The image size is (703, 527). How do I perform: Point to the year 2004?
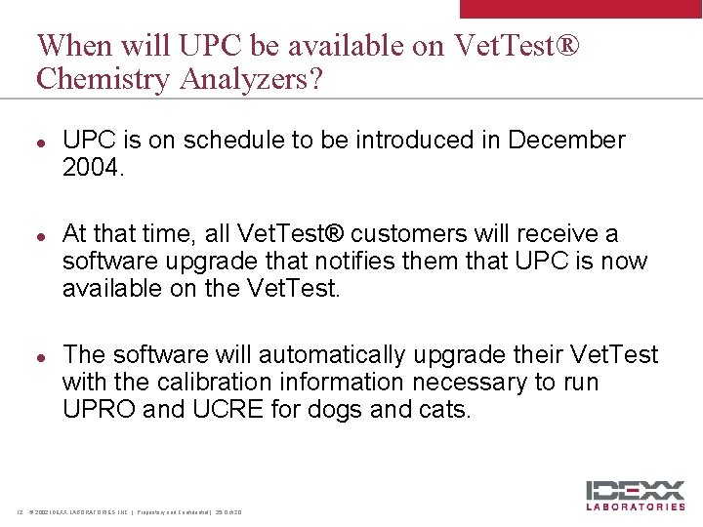[92, 168]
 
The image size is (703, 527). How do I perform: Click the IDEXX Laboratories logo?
[635, 495]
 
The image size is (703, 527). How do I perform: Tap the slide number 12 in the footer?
[19, 511]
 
